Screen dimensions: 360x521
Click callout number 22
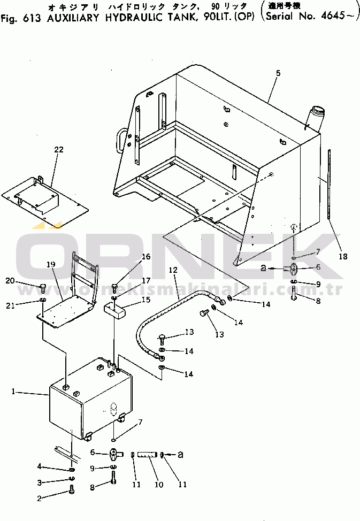pyautogui.click(x=58, y=150)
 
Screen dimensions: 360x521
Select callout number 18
pyautogui.click(x=342, y=256)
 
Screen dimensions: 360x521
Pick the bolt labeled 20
pyautogui.click(x=43, y=288)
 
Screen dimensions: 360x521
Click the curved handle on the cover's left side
pyautogui.click(x=122, y=136)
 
